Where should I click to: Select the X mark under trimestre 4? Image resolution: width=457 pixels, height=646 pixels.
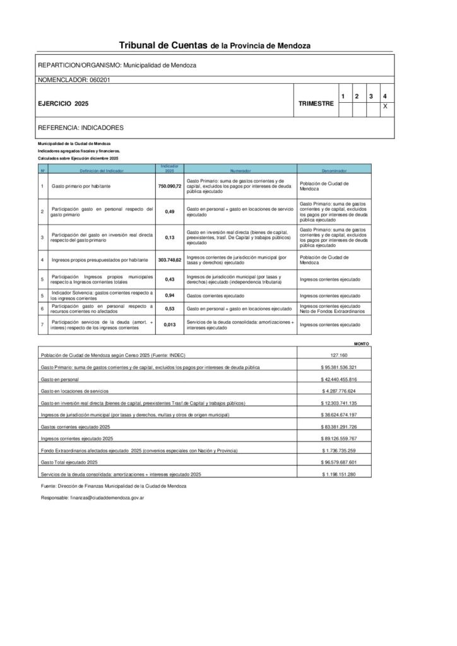point(384,107)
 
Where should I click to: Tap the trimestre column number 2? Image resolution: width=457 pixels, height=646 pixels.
point(357,96)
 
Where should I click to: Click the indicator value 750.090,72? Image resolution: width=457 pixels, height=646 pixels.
point(169,187)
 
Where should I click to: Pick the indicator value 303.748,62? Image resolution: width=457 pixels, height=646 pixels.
point(169,259)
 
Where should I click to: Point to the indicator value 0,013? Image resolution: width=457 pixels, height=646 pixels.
point(169,324)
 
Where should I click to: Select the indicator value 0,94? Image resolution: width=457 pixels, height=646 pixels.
point(169,295)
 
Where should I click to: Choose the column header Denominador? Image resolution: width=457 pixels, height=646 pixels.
point(335,170)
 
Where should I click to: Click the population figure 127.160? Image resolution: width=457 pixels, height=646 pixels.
point(339,356)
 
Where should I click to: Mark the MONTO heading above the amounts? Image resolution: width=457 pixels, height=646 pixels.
point(362,344)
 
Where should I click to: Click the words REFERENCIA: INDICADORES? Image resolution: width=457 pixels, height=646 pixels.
point(81,127)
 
